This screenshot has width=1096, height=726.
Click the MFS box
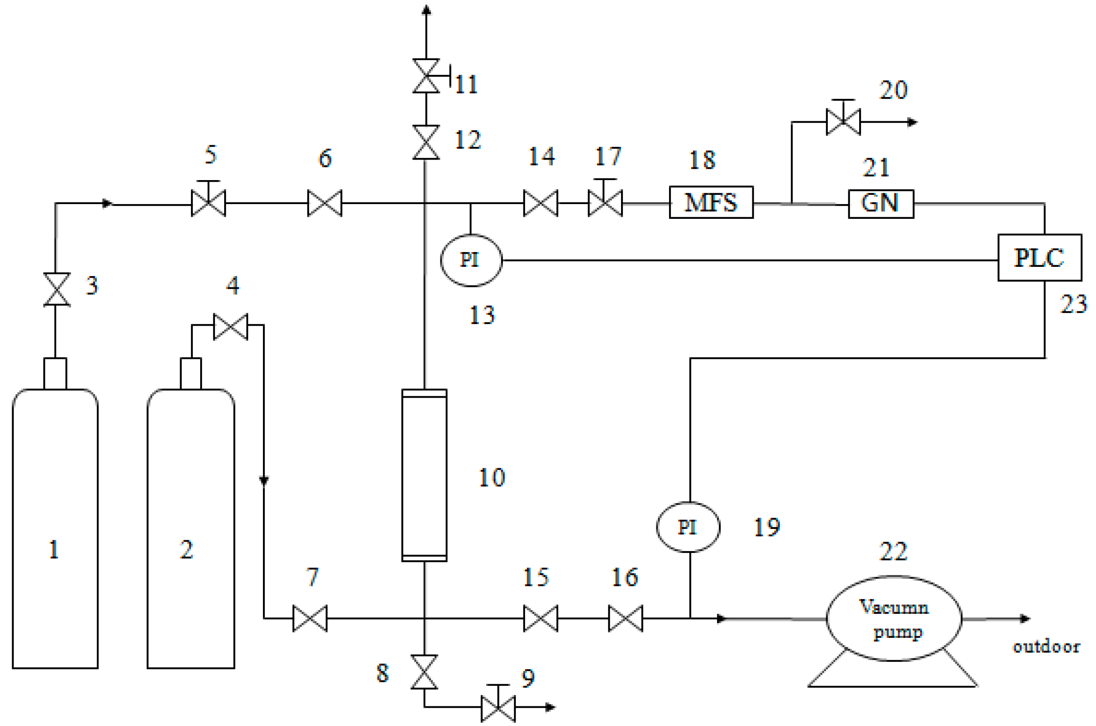(711, 202)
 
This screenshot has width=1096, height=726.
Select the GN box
(880, 204)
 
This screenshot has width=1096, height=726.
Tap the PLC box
(1039, 257)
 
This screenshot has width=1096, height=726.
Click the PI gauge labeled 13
(471, 260)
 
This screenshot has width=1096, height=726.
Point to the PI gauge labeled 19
(688, 527)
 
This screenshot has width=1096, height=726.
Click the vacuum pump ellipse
(894, 618)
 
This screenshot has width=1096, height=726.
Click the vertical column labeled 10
(424, 475)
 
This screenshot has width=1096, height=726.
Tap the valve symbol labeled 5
(208, 203)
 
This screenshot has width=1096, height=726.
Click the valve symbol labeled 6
(324, 203)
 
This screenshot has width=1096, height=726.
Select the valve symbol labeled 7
(310, 618)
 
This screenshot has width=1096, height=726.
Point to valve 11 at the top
(426, 76)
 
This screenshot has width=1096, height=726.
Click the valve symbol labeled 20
(843, 122)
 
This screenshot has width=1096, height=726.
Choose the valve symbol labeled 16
(625, 618)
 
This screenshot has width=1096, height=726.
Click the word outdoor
(1045, 646)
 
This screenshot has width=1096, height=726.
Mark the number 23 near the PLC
(1073, 304)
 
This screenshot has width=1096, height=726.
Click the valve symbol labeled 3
(57, 290)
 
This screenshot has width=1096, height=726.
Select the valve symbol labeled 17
(605, 203)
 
